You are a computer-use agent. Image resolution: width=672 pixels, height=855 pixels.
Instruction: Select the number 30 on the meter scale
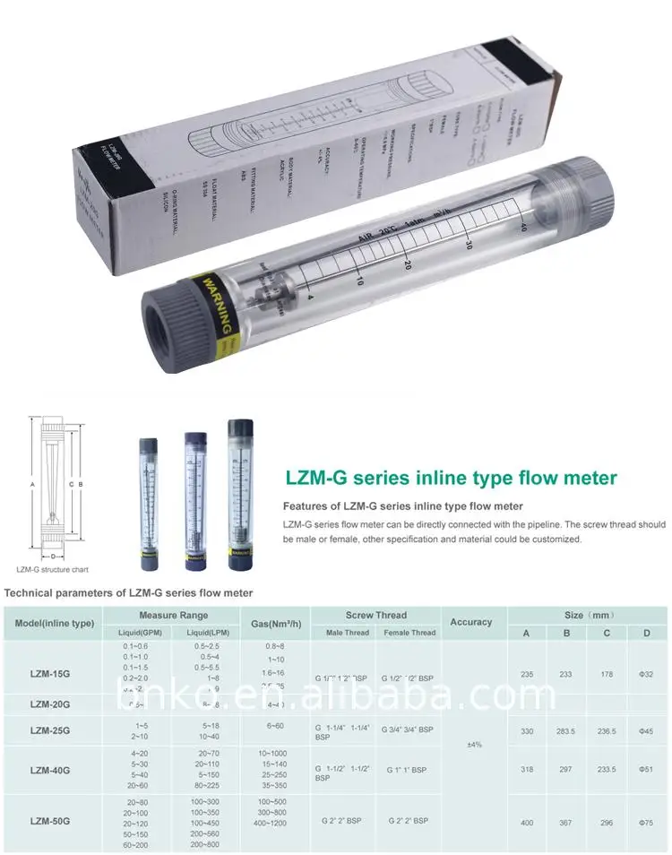469,245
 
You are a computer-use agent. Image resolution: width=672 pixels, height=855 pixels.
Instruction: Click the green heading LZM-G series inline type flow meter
451,479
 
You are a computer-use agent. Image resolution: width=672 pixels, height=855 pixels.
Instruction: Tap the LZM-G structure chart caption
53,569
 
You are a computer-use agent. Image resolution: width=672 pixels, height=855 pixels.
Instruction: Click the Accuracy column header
471,622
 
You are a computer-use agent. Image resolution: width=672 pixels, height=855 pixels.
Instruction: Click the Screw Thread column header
376,616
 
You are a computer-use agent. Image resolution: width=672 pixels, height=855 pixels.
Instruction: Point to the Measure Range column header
173,616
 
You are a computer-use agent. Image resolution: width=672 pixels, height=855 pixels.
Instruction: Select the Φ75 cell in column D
646,822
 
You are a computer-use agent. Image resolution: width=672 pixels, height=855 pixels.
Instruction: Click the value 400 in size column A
527,822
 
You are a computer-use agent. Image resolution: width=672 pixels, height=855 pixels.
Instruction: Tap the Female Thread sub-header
409,632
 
